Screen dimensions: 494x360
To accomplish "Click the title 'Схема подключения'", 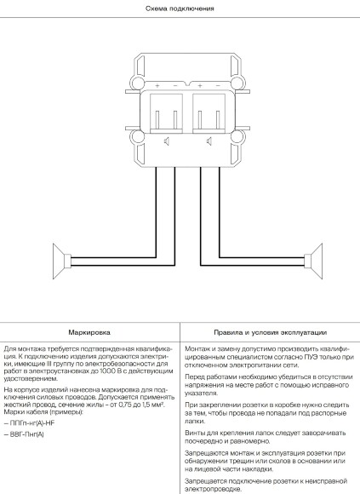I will coord(180,9).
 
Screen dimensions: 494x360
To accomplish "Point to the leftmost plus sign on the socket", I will coord(154,86).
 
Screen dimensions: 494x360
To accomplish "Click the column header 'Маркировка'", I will coord(90,332).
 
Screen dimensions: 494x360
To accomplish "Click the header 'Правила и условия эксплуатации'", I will coord(269,332).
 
